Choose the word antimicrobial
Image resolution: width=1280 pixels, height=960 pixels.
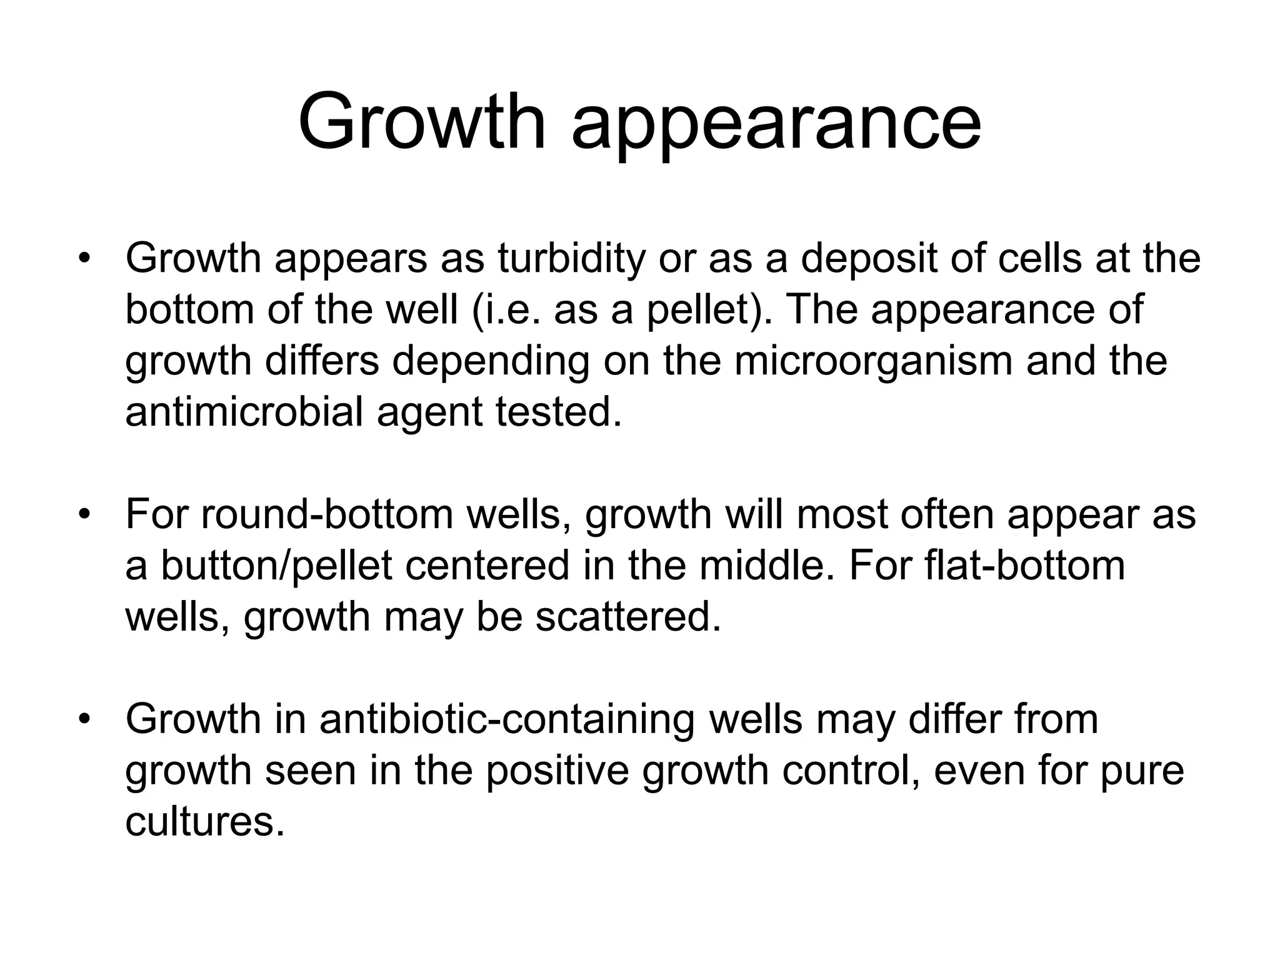(244, 412)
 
